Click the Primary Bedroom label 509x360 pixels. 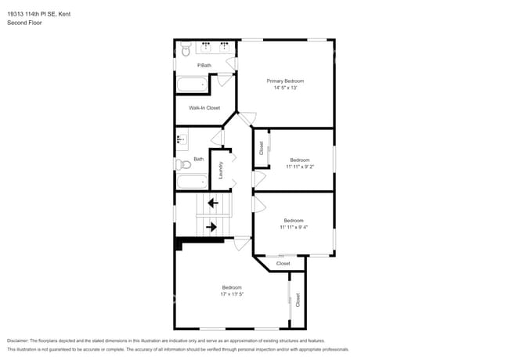pyautogui.click(x=285, y=81)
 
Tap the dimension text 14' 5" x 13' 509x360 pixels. pyautogui.click(x=285, y=88)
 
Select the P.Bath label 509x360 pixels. pyautogui.click(x=204, y=65)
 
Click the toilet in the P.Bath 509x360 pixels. pyautogui.click(x=186, y=50)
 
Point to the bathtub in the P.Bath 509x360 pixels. pyautogui.click(x=193, y=85)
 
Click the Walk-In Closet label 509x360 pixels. pyautogui.click(x=204, y=108)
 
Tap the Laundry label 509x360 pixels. pyautogui.click(x=221, y=170)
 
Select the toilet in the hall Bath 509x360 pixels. pyautogui.click(x=182, y=164)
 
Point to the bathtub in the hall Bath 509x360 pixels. pyautogui.click(x=192, y=182)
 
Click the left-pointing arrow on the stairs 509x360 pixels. pyautogui.click(x=211, y=203)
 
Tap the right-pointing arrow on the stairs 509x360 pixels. pyautogui.click(x=211, y=227)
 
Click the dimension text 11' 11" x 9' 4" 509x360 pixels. pyautogui.click(x=294, y=227)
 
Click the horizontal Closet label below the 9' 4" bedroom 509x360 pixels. pyautogui.click(x=283, y=264)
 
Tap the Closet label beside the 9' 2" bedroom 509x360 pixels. pyautogui.click(x=261, y=149)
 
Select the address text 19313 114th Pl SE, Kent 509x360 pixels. pyautogui.click(x=38, y=13)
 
